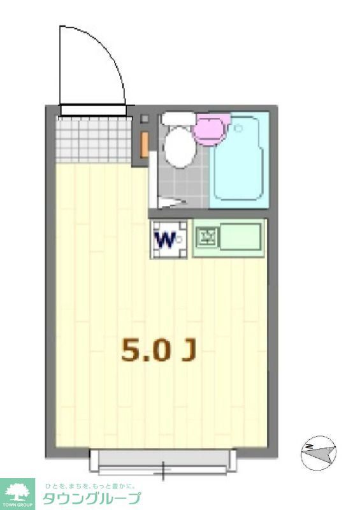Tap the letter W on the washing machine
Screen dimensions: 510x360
click(x=165, y=239)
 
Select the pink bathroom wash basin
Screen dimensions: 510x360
click(x=212, y=128)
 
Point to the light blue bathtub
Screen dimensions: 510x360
click(x=238, y=159)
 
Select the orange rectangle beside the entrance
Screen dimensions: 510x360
click(x=145, y=143)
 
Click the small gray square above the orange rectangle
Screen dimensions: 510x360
click(x=144, y=119)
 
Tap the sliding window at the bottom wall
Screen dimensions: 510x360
click(x=162, y=462)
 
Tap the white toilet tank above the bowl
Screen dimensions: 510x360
click(x=177, y=119)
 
